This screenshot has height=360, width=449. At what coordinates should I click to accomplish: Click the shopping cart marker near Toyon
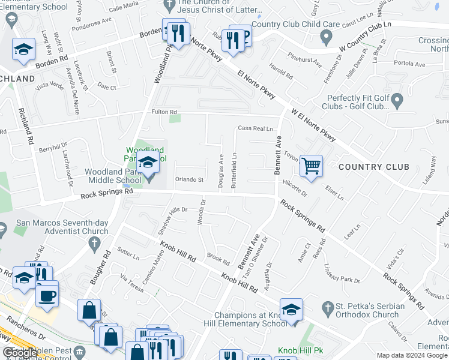coord(311,166)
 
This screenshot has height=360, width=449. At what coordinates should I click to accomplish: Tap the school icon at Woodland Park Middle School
coord(148,162)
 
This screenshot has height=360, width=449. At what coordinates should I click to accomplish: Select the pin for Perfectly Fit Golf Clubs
coord(397,103)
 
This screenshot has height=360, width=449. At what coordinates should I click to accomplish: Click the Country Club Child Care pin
coord(327,37)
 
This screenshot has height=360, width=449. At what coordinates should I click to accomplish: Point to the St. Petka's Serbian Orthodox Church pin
coord(327,308)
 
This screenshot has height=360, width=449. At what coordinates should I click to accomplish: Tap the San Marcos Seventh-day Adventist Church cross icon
coord(93,244)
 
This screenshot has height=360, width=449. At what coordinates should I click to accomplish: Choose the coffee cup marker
coord(47,295)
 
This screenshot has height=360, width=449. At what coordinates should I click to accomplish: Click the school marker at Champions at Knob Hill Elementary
coord(291,310)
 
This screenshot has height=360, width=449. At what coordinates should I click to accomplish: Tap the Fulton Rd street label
coord(163,112)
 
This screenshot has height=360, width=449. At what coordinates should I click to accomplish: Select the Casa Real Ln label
coord(255,128)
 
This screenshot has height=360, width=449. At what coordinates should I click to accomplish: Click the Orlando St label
coord(190,179)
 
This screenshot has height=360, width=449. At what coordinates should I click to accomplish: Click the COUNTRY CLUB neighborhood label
coord(369,167)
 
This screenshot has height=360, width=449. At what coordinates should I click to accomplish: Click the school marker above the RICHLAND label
coord(23,50)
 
